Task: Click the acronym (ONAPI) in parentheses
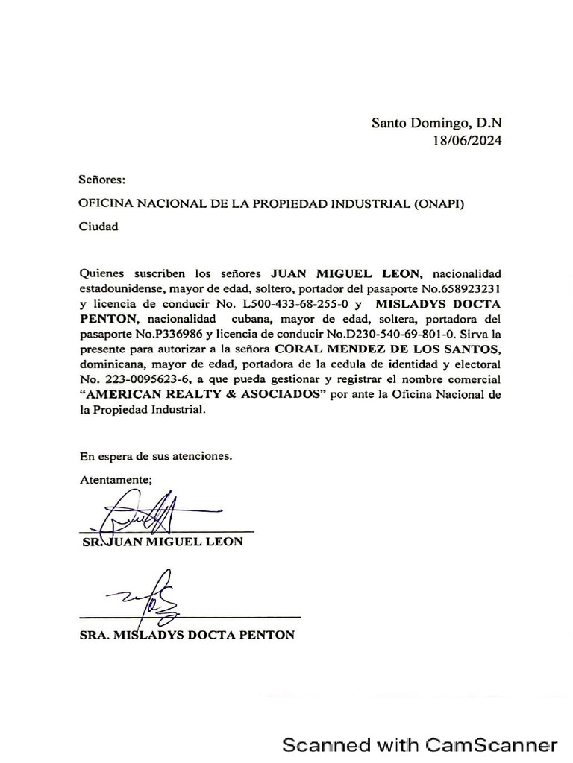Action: tap(438, 203)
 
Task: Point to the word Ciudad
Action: tap(98, 227)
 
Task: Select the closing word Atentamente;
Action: tap(116, 479)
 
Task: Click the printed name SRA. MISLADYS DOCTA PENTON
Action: tap(187, 636)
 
